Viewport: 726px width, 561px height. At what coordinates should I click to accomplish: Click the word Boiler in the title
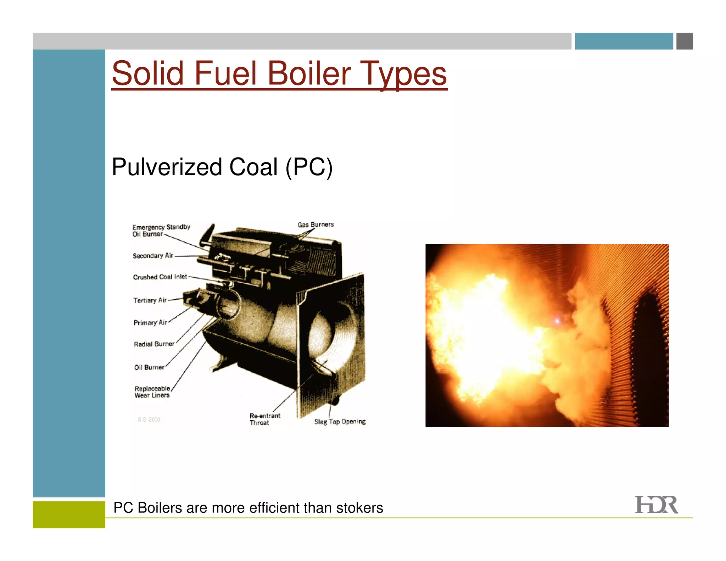pyautogui.click(x=308, y=73)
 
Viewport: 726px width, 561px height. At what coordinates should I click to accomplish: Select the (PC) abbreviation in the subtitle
pyautogui.click(x=309, y=167)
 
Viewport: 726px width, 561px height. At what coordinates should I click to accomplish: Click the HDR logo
pyautogui.click(x=656, y=505)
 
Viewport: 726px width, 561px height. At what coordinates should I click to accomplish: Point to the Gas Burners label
pyautogui.click(x=315, y=225)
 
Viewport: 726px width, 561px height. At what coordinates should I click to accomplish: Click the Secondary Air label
pyautogui.click(x=153, y=256)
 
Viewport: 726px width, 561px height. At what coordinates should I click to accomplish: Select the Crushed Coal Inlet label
pyautogui.click(x=160, y=277)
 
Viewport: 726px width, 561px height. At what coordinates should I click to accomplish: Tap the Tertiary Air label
pyautogui.click(x=150, y=300)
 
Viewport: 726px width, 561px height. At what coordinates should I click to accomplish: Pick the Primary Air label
pyautogui.click(x=150, y=323)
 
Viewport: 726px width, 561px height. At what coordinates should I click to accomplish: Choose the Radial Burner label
pyautogui.click(x=154, y=344)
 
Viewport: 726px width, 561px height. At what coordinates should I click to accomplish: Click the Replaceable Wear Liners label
pyautogui.click(x=152, y=392)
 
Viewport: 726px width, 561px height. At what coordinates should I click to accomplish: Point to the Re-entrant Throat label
pyautogui.click(x=264, y=419)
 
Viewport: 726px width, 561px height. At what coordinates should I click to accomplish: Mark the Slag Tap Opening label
pyautogui.click(x=340, y=422)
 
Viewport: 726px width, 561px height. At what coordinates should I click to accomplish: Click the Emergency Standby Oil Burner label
pyautogui.click(x=161, y=230)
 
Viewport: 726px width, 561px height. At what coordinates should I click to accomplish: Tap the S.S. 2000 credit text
pyautogui.click(x=149, y=420)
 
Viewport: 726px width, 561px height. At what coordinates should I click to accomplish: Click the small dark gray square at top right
pyautogui.click(x=685, y=41)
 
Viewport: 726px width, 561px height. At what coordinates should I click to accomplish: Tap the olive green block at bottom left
pyautogui.click(x=69, y=514)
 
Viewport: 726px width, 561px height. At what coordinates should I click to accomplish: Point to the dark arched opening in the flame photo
pyautogui.click(x=649, y=351)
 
